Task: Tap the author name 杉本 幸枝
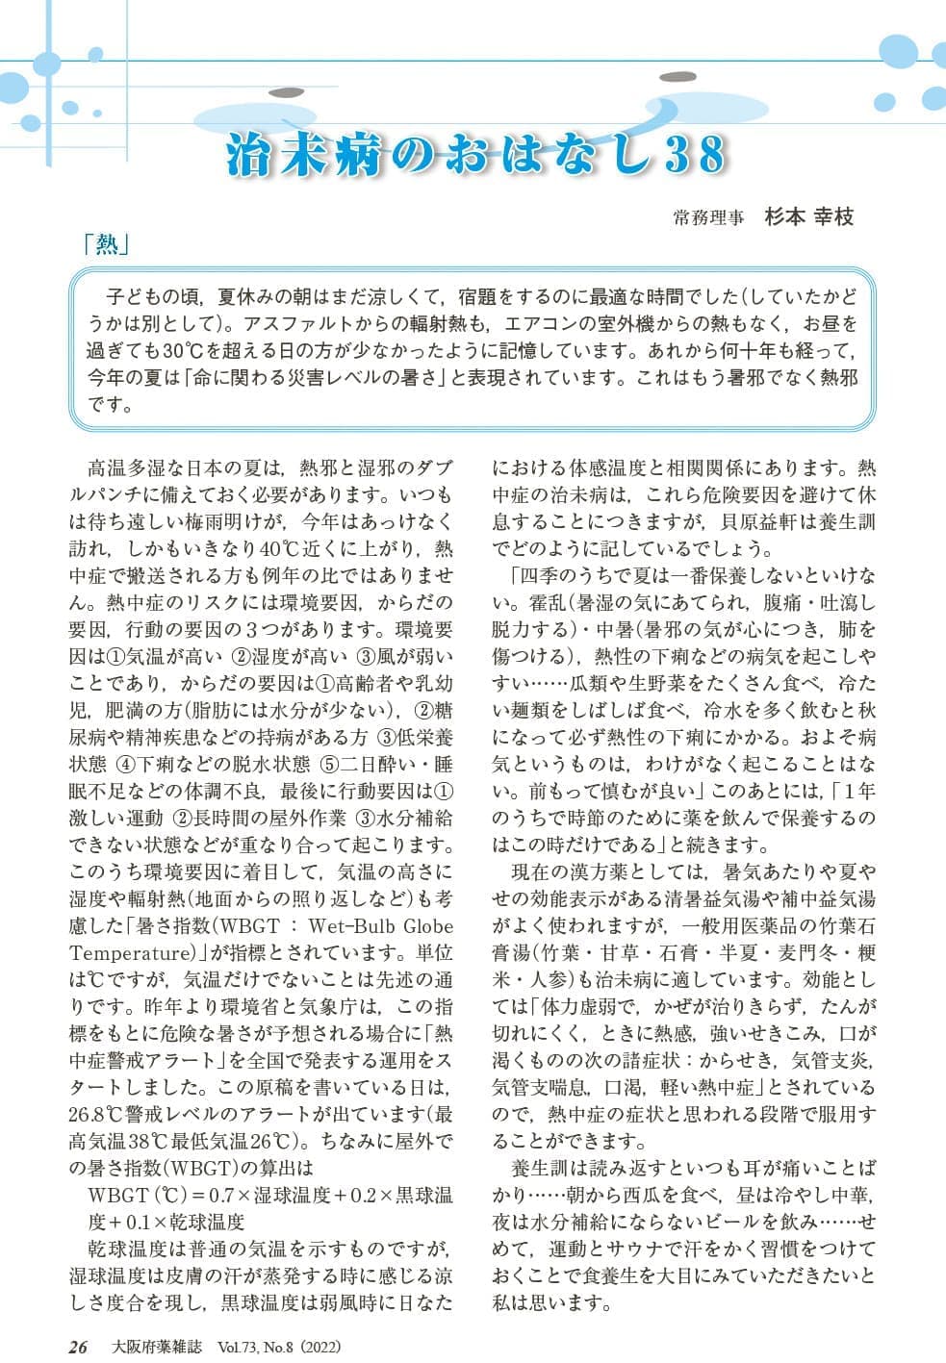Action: [x=808, y=216]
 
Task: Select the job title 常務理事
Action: [x=709, y=218]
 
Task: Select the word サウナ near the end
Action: [x=667, y=1249]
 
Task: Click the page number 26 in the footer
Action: [x=78, y=1346]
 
